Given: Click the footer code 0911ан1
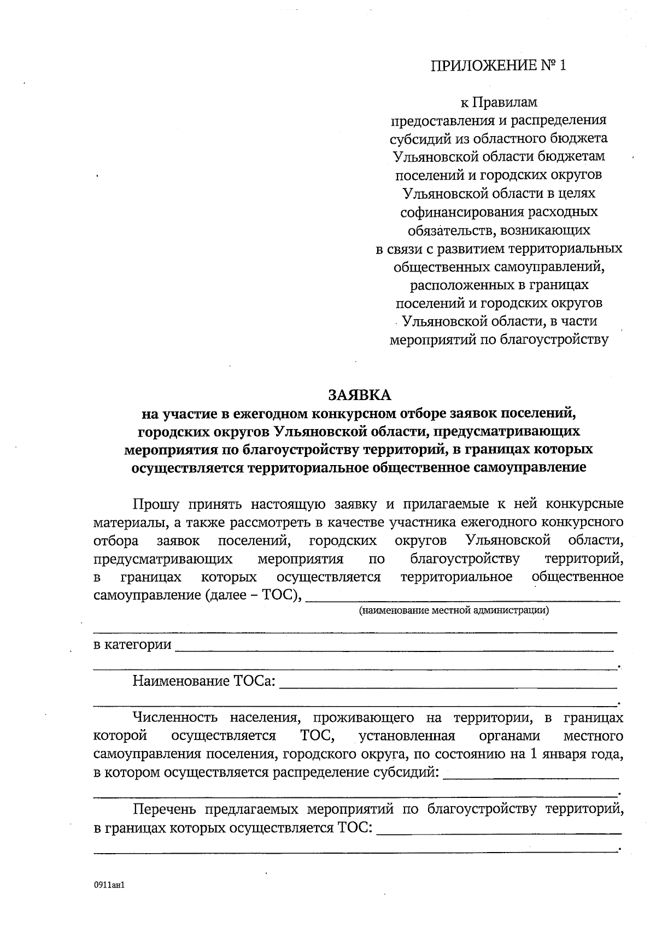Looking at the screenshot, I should tap(109, 884).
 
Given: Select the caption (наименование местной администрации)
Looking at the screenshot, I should tap(454, 610).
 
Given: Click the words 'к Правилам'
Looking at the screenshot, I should tap(499, 102).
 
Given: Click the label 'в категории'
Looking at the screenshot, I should tap(132, 645).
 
